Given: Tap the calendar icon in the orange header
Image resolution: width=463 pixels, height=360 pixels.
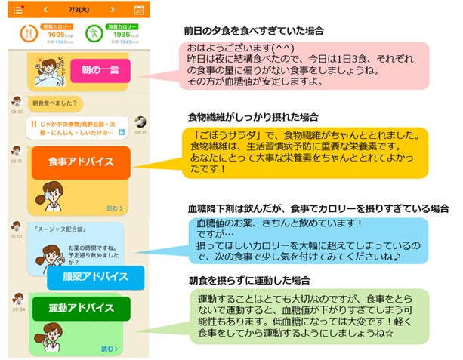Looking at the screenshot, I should point(139,11).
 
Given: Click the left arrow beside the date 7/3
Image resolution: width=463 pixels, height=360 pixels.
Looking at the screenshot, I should point(46,11).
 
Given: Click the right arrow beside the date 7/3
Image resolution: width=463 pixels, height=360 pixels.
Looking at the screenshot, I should point(113,11).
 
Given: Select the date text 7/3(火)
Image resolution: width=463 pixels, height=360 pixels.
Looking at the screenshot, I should point(79,11).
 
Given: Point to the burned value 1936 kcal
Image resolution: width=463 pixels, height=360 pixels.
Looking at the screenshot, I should point(122,35).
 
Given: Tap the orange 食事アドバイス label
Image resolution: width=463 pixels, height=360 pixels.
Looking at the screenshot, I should point(82,162).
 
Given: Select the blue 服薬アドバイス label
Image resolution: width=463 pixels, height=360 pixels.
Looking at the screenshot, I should point(85,278).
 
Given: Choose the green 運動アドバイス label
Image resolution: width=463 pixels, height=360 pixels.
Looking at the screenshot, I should point(81,309).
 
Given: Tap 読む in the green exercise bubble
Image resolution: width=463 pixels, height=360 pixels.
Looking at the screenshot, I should point(112,349).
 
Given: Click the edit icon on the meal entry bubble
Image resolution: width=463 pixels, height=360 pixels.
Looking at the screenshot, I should point(121,133).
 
